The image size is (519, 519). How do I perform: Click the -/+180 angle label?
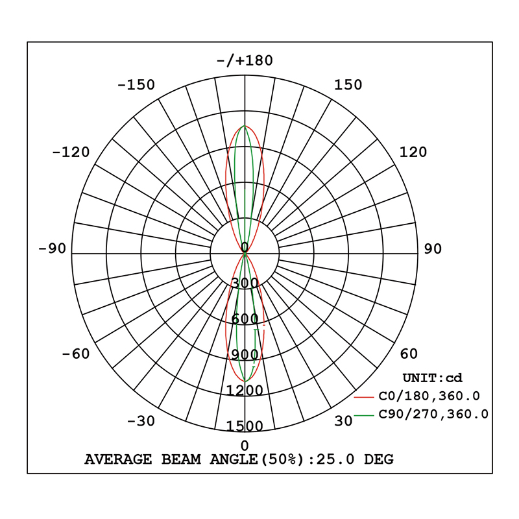point(245,61)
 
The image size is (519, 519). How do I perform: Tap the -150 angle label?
point(136,85)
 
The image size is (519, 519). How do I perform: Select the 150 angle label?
point(348,85)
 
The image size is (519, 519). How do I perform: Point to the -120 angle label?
point(71,152)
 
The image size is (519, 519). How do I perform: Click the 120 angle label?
point(413,152)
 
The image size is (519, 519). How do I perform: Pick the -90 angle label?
point(53,248)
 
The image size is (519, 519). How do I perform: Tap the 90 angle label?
point(433,249)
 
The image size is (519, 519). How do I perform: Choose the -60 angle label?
point(76,354)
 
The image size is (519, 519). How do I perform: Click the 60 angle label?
point(409,354)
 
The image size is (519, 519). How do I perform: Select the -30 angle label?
point(141,421)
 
